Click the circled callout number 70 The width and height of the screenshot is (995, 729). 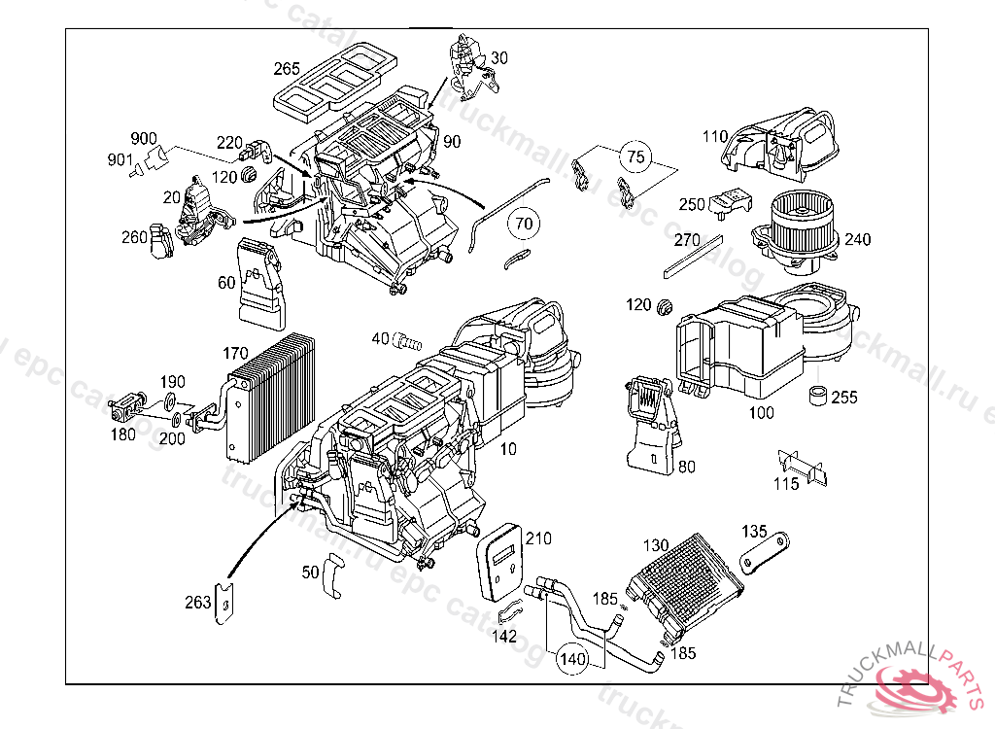click(x=524, y=224)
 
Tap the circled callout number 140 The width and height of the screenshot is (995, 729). click(x=572, y=659)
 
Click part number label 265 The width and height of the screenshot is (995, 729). click(x=286, y=69)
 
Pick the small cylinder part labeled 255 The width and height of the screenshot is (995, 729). click(x=819, y=397)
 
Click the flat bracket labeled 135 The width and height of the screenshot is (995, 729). click(x=765, y=553)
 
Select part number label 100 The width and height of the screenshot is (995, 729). click(x=762, y=413)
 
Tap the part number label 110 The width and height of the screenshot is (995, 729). click(x=715, y=137)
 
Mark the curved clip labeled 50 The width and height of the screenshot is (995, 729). click(x=332, y=575)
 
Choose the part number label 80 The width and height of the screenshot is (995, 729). click(x=686, y=467)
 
